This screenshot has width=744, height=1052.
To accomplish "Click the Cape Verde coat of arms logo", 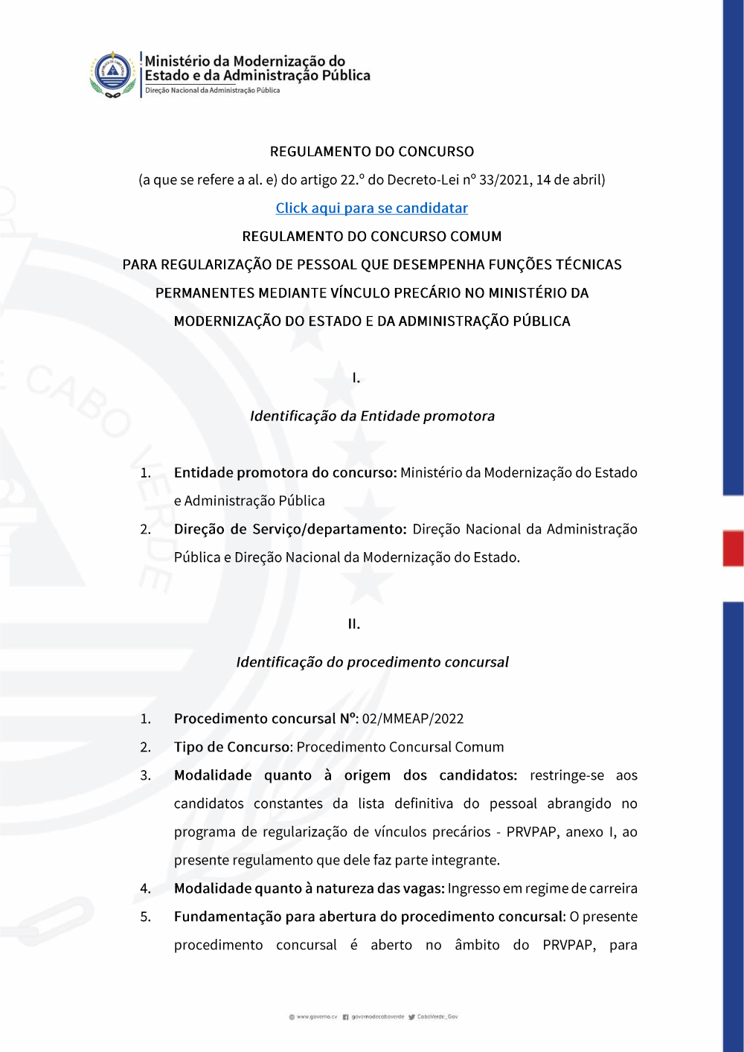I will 112,74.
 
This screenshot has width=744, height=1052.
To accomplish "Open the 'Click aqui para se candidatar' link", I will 371,208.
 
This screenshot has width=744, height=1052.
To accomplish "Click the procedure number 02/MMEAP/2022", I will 413,719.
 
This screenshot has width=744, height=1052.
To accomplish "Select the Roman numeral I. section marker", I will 356,378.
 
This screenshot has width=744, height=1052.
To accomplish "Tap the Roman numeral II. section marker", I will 354,624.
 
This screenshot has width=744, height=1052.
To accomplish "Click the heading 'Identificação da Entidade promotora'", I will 372,417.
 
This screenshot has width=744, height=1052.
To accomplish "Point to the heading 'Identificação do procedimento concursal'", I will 372,662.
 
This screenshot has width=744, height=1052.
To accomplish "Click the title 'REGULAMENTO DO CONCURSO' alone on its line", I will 372,152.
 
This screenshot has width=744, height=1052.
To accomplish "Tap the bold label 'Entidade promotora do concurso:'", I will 285,473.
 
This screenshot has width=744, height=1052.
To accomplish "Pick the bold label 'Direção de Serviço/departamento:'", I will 290,530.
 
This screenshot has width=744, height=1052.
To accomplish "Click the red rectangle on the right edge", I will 733,548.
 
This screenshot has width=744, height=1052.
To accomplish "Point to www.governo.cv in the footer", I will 317,1016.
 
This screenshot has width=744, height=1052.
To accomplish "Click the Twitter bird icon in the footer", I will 411,1017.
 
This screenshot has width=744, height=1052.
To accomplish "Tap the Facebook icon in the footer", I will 346,1017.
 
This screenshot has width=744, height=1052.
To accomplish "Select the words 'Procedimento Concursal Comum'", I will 400,747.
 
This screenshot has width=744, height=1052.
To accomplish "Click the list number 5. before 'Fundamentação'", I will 146,917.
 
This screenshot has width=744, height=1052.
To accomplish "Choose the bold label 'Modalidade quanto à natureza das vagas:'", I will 310,888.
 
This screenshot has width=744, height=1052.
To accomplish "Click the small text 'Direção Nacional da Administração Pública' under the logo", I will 213,91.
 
